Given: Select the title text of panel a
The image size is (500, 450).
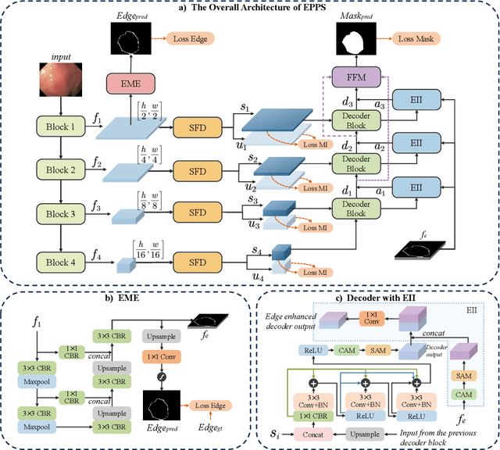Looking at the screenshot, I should tap(250, 7).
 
